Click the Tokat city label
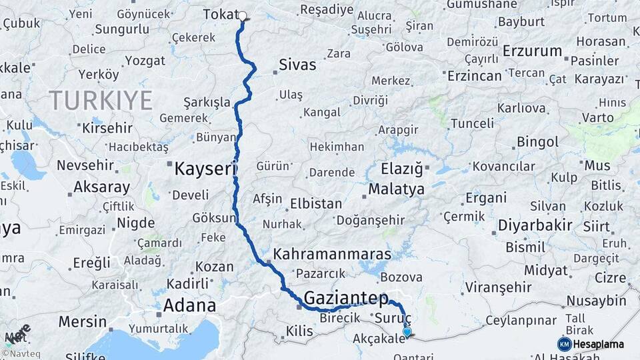pyautogui.click(x=219, y=15)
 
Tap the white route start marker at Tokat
pyautogui.click(x=242, y=16)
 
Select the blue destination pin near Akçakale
pyautogui.click(x=407, y=331)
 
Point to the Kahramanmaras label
pyautogui.click(x=331, y=255)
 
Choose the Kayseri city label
pyautogui.click(x=202, y=169)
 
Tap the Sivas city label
pyautogui.click(x=297, y=65)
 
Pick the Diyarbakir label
pyautogui.click(x=535, y=225)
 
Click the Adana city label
pyautogui.click(x=189, y=306)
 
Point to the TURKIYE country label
pyautogui.click(x=101, y=101)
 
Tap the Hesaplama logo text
pyautogui.click(x=600, y=344)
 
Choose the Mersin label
pyautogui.click(x=83, y=322)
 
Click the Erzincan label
pyautogui.click(x=474, y=76)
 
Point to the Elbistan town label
pyautogui.click(x=317, y=204)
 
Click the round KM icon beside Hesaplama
pyautogui.click(x=564, y=344)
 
